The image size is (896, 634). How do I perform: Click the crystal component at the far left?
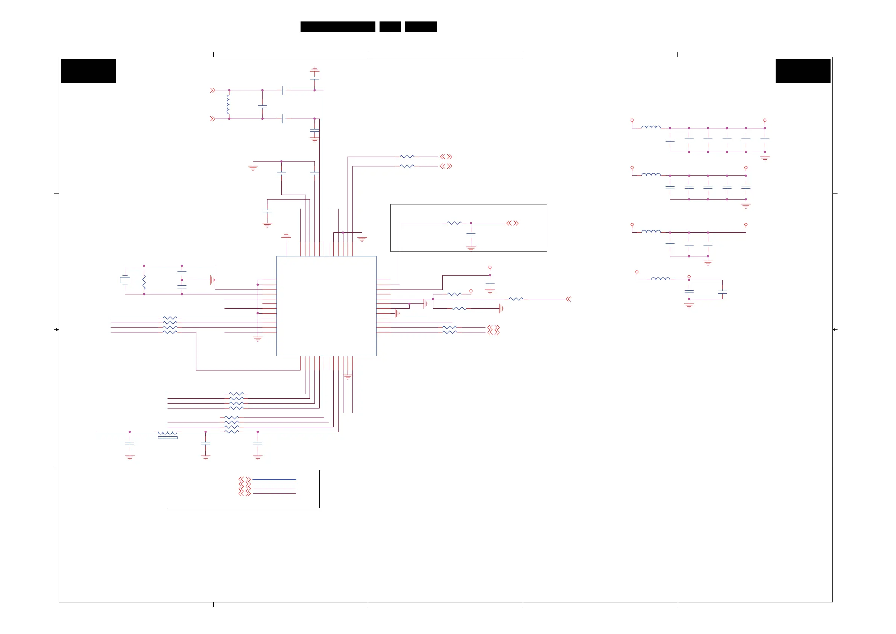[125, 280]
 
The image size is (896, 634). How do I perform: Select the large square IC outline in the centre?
[326, 306]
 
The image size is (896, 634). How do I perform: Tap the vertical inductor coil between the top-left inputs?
[228, 104]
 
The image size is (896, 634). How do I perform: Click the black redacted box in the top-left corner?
[88, 71]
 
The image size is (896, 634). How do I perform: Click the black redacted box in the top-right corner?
[803, 71]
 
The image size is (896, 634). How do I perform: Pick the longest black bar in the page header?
[337, 27]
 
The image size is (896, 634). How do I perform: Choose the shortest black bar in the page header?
[390, 27]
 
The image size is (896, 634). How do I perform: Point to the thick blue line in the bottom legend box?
[274, 479]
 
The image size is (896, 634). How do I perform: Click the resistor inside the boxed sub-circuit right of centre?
[454, 223]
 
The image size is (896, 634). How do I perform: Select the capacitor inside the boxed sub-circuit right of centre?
[471, 235]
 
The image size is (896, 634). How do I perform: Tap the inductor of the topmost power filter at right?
[651, 127]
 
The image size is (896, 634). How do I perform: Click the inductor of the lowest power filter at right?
[660, 279]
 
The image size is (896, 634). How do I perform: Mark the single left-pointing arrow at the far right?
[568, 299]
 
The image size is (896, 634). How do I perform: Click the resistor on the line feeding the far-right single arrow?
[516, 299]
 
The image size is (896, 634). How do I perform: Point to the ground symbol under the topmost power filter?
[765, 158]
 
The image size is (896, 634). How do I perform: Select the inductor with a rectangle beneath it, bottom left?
[167, 434]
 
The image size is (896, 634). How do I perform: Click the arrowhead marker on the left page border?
[56, 330]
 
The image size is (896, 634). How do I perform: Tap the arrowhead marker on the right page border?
[834, 330]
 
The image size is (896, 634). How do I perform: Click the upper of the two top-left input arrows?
[213, 90]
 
